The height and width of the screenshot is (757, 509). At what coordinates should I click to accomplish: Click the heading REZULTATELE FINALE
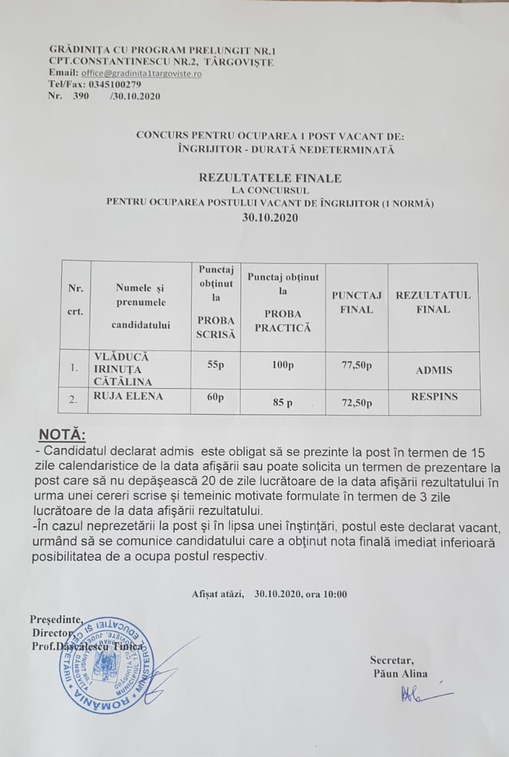[x=270, y=178]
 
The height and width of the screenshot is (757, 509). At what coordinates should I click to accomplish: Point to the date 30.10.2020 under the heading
[x=270, y=218]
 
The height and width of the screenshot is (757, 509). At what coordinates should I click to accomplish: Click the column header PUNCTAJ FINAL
[x=356, y=302]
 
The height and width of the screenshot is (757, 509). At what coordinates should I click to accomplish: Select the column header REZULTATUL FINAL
[x=433, y=302]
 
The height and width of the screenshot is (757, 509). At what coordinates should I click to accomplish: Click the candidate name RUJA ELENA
[x=128, y=397]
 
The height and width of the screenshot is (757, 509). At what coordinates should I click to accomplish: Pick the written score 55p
[x=215, y=364]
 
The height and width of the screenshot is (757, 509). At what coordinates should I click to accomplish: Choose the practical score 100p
[x=282, y=366]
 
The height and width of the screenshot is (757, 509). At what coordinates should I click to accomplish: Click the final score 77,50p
[x=356, y=366]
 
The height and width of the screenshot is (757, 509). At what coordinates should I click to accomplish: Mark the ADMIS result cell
[x=434, y=370]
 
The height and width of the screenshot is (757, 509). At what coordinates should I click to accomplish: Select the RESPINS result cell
[x=434, y=395]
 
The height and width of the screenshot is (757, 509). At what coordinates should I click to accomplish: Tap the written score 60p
[x=215, y=398]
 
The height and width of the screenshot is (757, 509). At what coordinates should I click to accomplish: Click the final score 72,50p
[x=356, y=403]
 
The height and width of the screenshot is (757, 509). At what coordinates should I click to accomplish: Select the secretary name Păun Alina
[x=400, y=673]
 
